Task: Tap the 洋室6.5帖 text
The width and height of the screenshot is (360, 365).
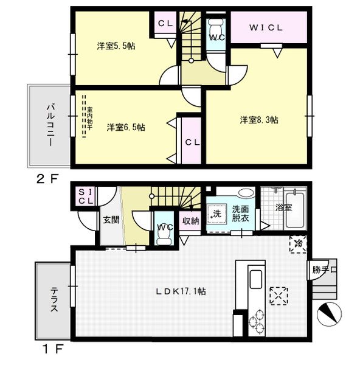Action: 126,127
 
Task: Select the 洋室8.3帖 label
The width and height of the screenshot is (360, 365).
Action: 258,120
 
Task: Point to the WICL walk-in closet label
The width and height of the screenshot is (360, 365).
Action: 267,27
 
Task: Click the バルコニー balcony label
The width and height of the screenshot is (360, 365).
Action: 49,125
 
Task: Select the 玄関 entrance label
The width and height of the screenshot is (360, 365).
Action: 110,220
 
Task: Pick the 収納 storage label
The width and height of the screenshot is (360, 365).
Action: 190,221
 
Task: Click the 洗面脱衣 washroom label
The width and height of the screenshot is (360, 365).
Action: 240,214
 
